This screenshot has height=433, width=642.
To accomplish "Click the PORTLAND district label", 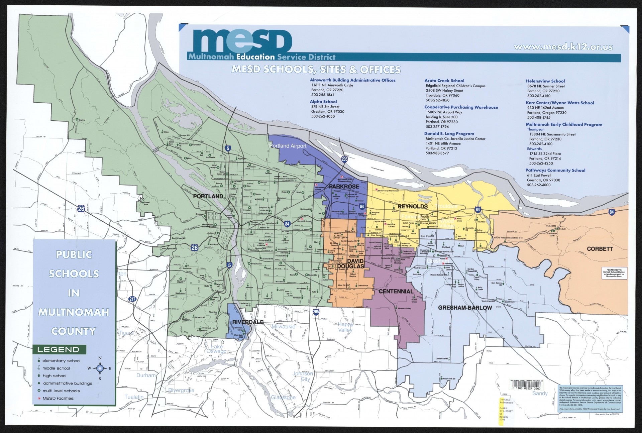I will click(208, 196).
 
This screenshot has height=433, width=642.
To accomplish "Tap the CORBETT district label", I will click(600, 249).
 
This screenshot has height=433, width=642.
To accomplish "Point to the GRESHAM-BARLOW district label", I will click(465, 308).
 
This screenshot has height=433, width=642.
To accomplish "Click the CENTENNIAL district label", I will click(396, 292).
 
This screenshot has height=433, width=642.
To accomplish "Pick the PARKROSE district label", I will click(344, 186).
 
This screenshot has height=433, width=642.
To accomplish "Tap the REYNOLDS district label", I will click(413, 206).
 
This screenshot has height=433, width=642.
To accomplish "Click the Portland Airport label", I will click(288, 146).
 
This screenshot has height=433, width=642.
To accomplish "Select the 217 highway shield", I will click(132, 299).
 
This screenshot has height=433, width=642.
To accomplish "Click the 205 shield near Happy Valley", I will click(316, 311).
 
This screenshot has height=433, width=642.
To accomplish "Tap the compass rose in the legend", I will click(100, 368).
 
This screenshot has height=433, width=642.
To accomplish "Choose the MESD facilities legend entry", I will click(58, 398).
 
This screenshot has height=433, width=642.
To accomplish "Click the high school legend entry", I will click(54, 376).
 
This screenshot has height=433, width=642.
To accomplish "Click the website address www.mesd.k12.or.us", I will click(563, 47).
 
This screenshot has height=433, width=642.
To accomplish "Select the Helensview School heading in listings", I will click(545, 81).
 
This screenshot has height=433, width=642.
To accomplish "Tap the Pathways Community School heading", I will click(555, 170).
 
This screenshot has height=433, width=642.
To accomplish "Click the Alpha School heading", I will click(323, 102).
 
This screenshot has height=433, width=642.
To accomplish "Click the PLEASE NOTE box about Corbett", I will click(614, 273).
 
